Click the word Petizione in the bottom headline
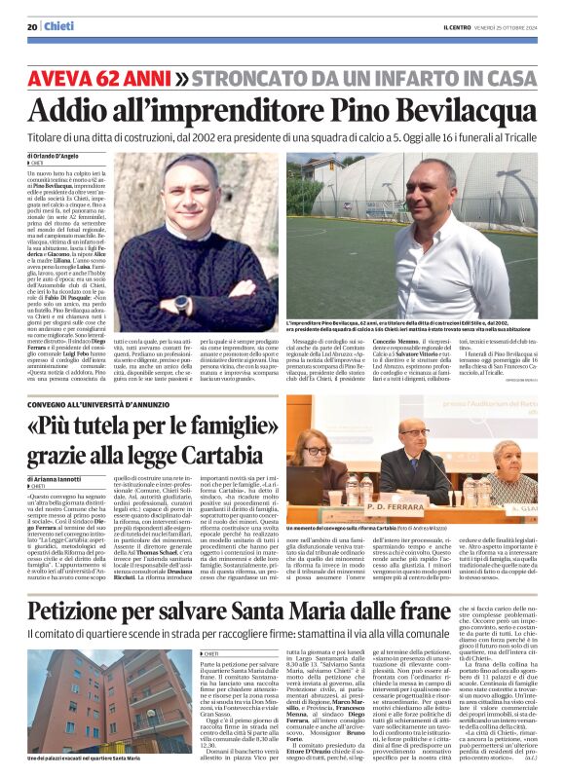97,584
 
